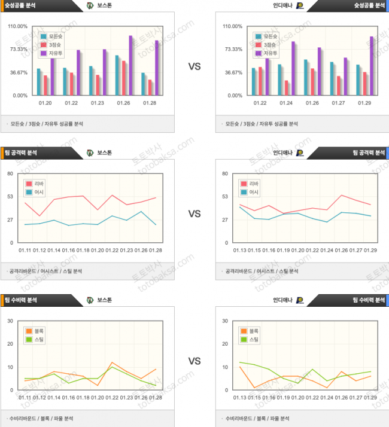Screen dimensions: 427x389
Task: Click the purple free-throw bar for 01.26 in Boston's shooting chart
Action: pyautogui.click(x=130, y=65)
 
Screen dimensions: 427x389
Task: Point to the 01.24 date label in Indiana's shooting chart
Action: pyautogui.click(x=286, y=103)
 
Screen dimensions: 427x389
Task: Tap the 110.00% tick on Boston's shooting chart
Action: pyautogui.click(x=19, y=26)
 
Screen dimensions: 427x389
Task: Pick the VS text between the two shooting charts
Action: pyautogui.click(x=194, y=67)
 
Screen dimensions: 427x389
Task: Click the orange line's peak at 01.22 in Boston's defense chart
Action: pyautogui.click(x=112, y=362)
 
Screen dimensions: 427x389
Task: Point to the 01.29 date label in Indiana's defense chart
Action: pyautogui.click(x=370, y=397)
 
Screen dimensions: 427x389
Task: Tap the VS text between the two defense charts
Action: pyautogui.click(x=194, y=361)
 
